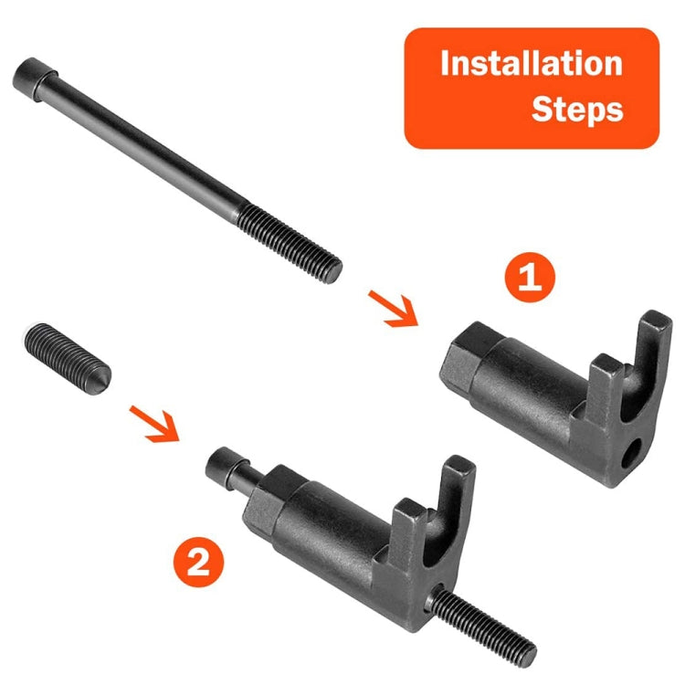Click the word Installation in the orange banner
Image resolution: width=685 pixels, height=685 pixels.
click(531, 65)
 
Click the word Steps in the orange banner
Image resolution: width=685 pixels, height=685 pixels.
click(576, 110)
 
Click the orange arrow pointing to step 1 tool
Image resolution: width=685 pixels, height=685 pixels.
click(391, 307)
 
